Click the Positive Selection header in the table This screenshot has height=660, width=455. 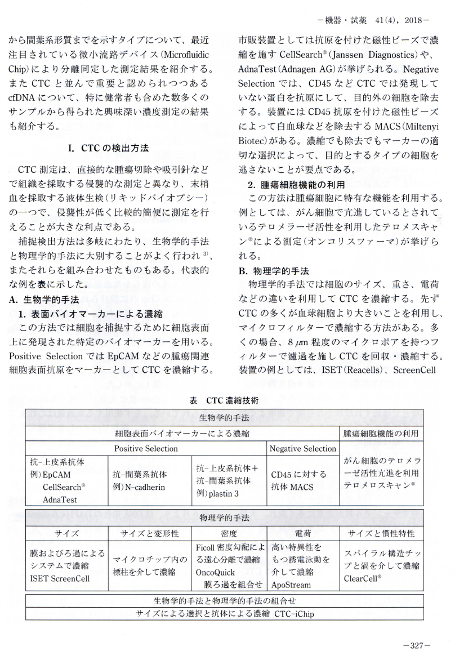tap(146, 449)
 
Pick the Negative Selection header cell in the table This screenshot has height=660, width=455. tap(302, 449)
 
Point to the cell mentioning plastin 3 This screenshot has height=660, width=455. tap(229, 480)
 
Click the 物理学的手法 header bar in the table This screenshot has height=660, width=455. tap(225, 516)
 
